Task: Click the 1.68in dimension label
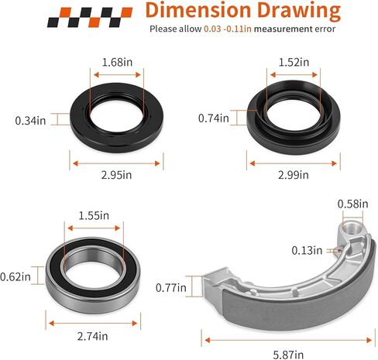117,62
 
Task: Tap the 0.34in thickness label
30,121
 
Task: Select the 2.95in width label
116,175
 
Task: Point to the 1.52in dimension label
294,62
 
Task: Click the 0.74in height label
214,118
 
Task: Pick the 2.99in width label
294,175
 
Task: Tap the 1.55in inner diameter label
94,216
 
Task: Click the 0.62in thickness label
15,277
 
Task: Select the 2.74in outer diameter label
92,337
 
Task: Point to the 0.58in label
353,204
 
